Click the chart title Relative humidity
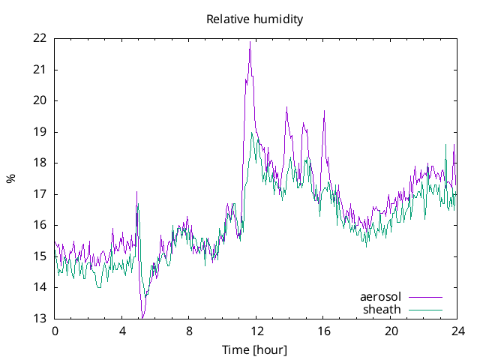pos(255,19)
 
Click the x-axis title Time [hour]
pos(255,349)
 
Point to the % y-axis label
pos(10,178)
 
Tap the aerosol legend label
pos(380,297)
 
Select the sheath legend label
pos(382,309)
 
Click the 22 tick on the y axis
pos(40,38)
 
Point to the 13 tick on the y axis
pos(40,318)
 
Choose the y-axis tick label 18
pos(40,163)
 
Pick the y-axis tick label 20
pos(40,100)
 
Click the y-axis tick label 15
pos(40,256)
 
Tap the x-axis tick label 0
pos(55,331)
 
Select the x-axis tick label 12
pos(256,331)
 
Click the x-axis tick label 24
pos(458,331)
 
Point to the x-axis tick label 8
pos(189,331)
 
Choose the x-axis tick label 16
pos(323,331)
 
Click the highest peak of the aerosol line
pos(250,42)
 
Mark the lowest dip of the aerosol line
pos(142,317)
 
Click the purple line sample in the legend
pos(424,297)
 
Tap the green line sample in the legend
pos(424,309)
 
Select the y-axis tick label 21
pos(40,70)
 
